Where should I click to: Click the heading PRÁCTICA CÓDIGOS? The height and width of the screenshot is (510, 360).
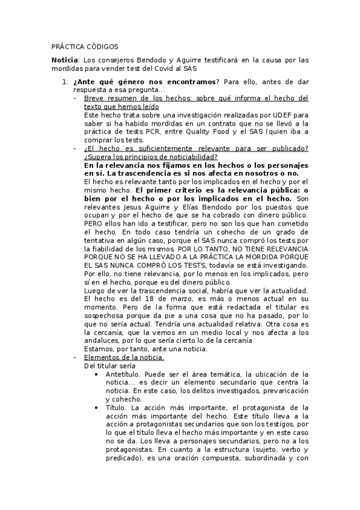point(85,46)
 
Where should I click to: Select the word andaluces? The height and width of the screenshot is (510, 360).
point(102,340)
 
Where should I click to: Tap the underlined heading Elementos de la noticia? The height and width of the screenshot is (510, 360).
point(124,357)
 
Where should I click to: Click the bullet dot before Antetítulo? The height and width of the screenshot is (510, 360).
point(97,373)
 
